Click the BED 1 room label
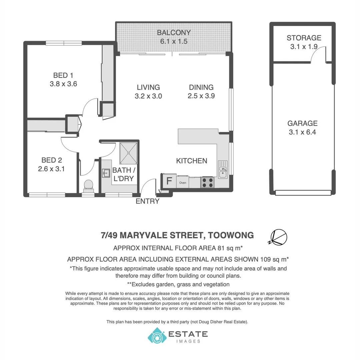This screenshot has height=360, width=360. (63, 75)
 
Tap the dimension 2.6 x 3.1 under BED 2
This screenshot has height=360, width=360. (51, 169)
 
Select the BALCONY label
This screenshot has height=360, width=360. (174, 33)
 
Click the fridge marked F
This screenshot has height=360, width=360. (169, 181)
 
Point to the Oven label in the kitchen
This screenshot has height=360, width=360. (183, 183)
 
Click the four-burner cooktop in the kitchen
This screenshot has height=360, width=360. (207, 182)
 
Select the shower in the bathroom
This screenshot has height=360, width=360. (128, 152)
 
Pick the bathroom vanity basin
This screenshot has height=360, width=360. (106, 173)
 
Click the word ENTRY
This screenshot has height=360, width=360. (147, 201)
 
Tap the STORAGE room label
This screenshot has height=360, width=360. (304, 38)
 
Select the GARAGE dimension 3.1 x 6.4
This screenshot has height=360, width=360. (302, 132)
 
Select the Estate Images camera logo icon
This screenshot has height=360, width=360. (157, 335)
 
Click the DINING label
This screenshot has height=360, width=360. (201, 87)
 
